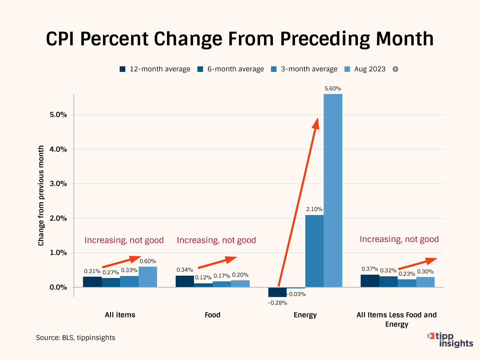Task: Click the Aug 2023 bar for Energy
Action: point(333,190)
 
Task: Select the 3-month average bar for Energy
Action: point(314,251)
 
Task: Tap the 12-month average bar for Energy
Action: point(277,292)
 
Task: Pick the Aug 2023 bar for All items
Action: point(148,277)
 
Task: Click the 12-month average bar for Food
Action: point(185,281)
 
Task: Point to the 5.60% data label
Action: point(333,89)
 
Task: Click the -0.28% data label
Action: point(277,303)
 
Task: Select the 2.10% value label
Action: point(314,209)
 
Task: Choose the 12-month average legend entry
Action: point(155,69)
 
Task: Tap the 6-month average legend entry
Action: point(231,69)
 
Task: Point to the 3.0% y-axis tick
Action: point(58,184)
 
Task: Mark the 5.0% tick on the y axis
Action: point(58,115)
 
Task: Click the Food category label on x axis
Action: point(213,315)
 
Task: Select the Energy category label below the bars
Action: point(305,315)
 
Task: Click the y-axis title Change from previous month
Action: point(41,196)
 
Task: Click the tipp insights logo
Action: point(451,340)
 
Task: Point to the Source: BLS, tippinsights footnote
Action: point(76,338)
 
